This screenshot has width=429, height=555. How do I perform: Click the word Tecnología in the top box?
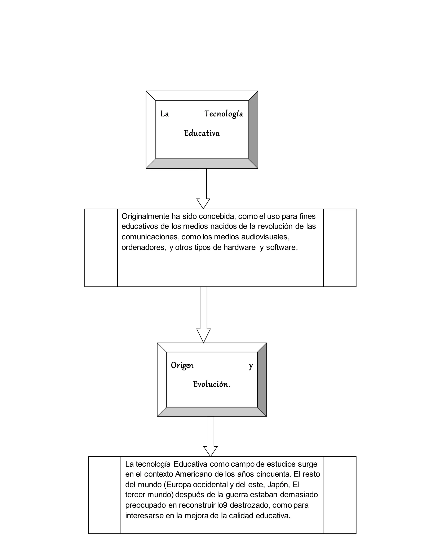click(x=224, y=114)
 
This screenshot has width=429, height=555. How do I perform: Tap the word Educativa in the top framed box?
click(x=202, y=133)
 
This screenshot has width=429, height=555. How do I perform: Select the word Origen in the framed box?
click(x=182, y=365)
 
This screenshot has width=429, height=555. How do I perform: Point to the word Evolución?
click(x=211, y=384)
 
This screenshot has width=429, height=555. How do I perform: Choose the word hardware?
click(x=239, y=247)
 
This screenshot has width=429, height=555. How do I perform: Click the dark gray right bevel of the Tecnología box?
click(x=253, y=130)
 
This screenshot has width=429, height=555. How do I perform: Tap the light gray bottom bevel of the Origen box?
click(x=212, y=412)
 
